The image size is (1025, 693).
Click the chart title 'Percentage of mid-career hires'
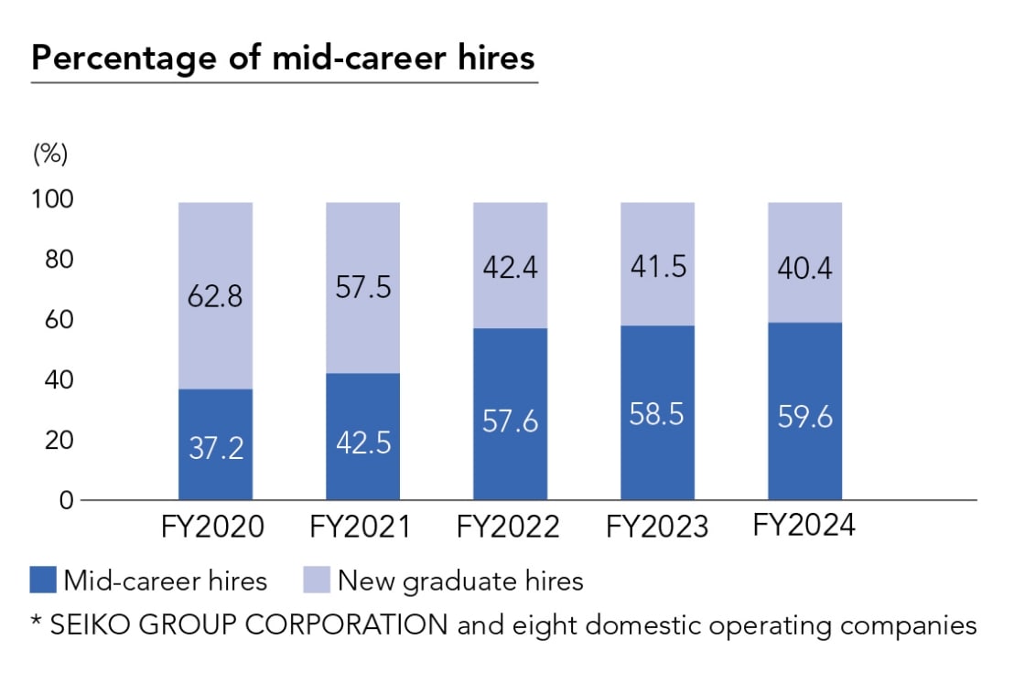pyautogui.click(x=283, y=58)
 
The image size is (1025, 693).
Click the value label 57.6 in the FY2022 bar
pyautogui.click(x=510, y=421)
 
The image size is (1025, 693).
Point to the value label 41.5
pyautogui.click(x=657, y=267)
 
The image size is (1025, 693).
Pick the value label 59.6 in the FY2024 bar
pyautogui.click(x=804, y=416)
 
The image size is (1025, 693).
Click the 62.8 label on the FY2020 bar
pyautogui.click(x=215, y=296)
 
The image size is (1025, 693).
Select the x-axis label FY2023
pyautogui.click(x=657, y=528)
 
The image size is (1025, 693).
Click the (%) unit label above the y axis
pyautogui.click(x=51, y=154)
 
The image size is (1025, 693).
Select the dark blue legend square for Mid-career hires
pyautogui.click(x=44, y=581)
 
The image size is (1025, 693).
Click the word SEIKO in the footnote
pyautogui.click(x=86, y=626)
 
